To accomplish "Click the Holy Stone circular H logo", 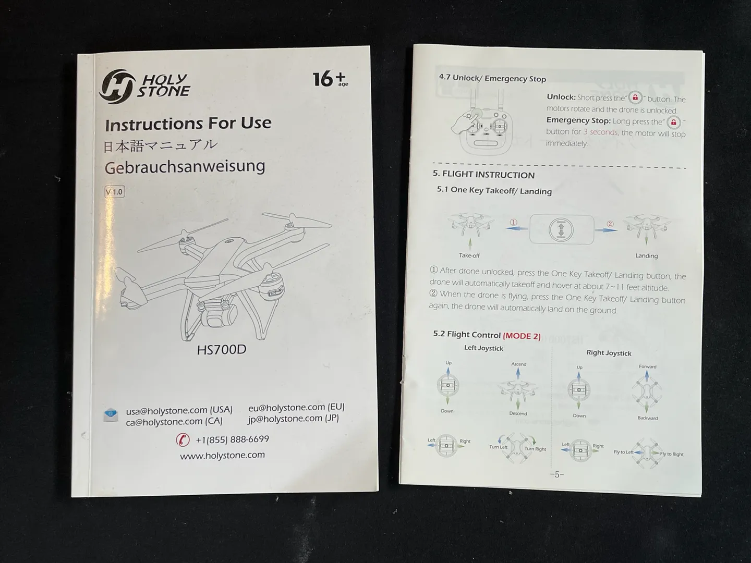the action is coord(117,87).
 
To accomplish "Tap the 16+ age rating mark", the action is coord(331,79).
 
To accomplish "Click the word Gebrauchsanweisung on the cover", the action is coord(185,167).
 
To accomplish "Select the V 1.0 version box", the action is coord(114,192).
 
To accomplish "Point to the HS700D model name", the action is coord(221,349).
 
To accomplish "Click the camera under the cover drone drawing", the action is coord(219,315).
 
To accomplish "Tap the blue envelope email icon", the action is coord(111,415).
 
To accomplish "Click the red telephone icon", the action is coord(183,439).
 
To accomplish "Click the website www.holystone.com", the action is coord(222,455).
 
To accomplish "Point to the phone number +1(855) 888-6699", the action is coord(232,439).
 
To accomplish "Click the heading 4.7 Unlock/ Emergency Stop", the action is coord(492,78).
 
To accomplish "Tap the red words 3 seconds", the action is coord(600,132).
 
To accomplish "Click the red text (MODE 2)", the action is coord(522,336).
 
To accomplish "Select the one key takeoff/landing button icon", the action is coord(561,229).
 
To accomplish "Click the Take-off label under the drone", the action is coord(469,255).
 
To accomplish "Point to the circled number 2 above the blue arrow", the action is coord(610,224).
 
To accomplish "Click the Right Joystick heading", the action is coord(609,353).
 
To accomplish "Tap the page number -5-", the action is coord(557,474).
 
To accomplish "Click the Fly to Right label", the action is coord(672,454).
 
